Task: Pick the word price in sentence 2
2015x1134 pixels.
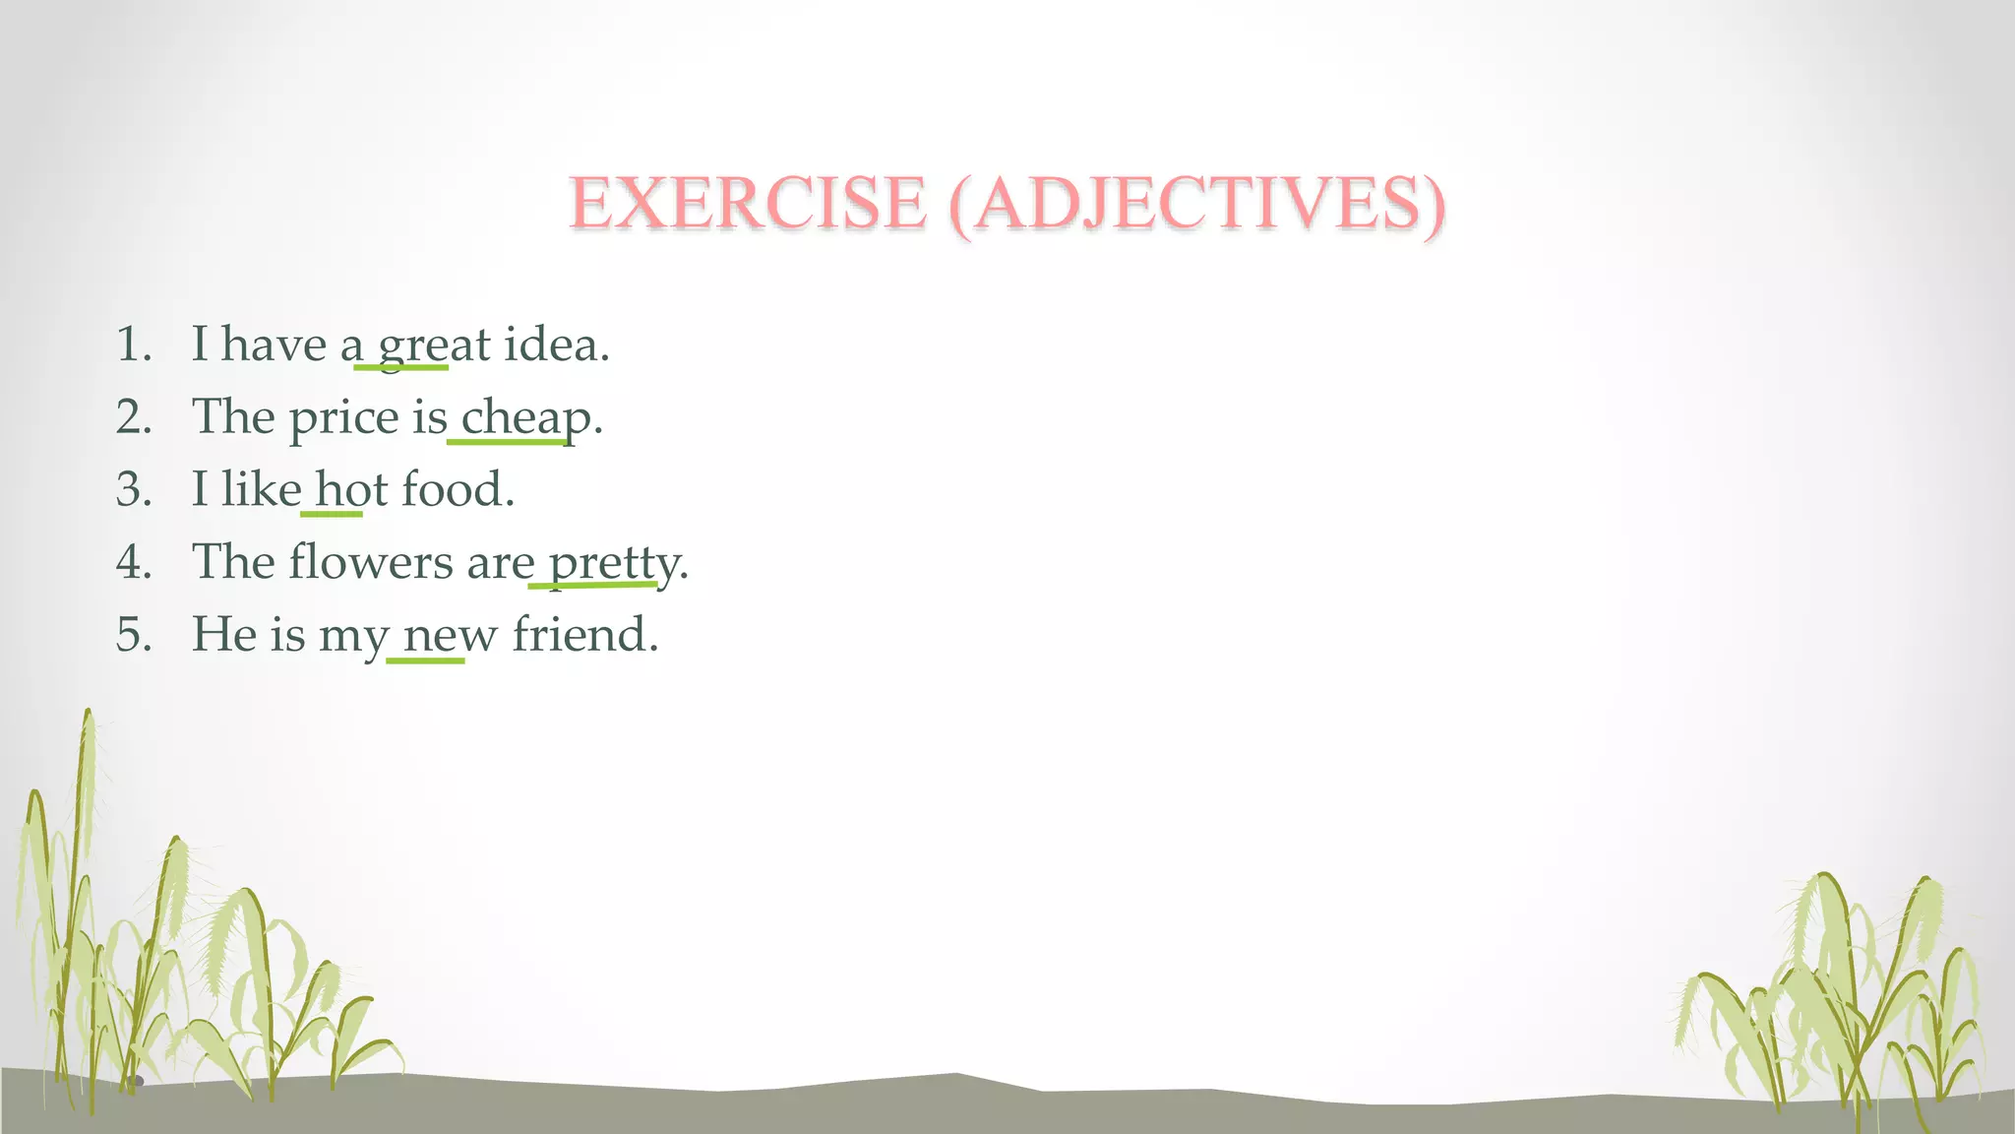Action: pyautogui.click(x=344, y=417)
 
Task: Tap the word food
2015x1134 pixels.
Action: pyautogui.click(x=458, y=489)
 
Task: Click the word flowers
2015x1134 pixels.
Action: pyautogui.click(x=371, y=562)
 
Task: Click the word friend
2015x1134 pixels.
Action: pyautogui.click(x=584, y=634)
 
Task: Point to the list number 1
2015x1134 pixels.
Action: pyautogui.click(x=133, y=345)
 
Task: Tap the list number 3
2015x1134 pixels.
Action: pyautogui.click(x=133, y=489)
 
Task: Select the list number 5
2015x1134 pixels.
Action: pyautogui.click(x=133, y=634)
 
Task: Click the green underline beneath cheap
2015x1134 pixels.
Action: pyautogui.click(x=507, y=442)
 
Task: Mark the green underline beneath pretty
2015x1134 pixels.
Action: pyautogui.click(x=592, y=586)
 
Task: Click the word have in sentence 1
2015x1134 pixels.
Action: pyautogui.click(x=274, y=345)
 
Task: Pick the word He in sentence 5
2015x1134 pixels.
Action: pyautogui.click(x=223, y=634)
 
